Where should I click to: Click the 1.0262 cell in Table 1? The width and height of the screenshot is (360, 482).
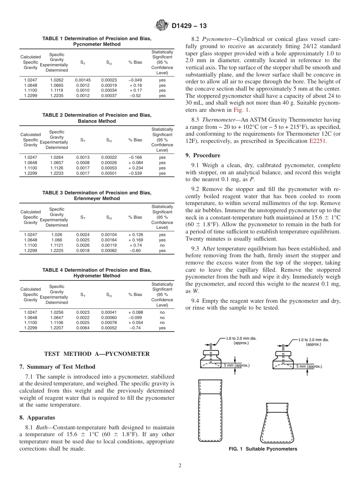coord(57,80)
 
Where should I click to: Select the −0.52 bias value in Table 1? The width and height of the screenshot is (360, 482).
coord(135,96)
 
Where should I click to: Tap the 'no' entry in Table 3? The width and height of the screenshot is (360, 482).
coord(162,245)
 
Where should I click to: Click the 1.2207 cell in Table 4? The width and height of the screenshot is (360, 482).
coord(57,328)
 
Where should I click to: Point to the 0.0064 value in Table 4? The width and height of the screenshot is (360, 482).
coord(83,328)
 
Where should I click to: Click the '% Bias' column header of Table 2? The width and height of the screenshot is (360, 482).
coord(135,140)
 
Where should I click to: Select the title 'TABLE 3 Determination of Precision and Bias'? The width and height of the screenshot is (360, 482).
coord(97,193)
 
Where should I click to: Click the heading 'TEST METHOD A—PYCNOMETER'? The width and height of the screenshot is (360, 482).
coord(97,354)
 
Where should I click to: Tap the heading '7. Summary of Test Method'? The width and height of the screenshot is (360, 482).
coord(57,367)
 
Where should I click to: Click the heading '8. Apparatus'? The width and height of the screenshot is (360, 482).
coord(37,418)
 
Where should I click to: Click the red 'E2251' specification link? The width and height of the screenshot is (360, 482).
coord(318,141)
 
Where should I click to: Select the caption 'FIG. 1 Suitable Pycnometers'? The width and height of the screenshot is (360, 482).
coord(263,449)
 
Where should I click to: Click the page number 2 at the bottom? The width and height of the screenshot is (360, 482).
coord(180,466)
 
